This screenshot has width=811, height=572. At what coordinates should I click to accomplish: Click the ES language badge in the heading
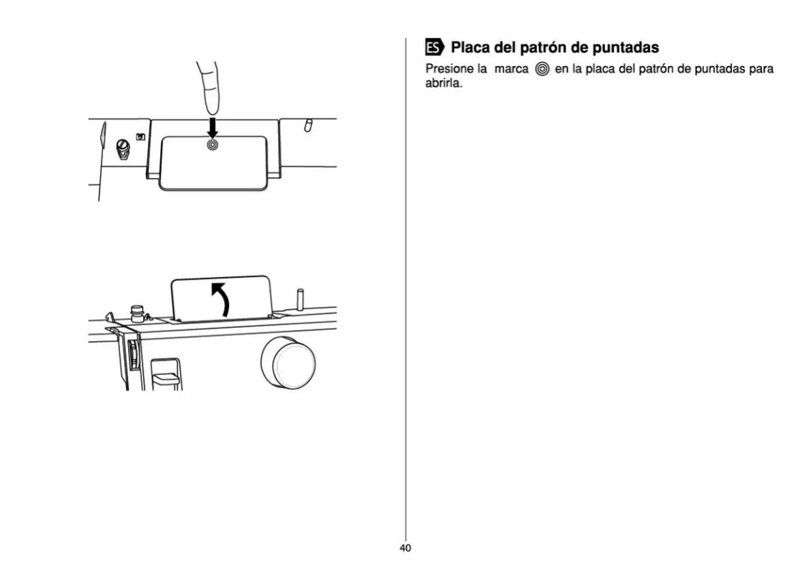(433, 48)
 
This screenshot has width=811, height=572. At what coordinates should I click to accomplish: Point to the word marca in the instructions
(511, 69)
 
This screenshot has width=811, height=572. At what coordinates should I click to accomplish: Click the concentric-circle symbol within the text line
(542, 70)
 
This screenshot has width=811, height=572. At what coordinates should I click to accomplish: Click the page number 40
(405, 548)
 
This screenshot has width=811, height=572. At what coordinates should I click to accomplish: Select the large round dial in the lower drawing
(288, 362)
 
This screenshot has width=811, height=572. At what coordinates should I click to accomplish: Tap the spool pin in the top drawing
(307, 125)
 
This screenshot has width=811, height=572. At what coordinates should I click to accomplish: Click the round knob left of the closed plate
(123, 149)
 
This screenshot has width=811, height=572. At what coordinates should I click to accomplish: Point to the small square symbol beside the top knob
(140, 136)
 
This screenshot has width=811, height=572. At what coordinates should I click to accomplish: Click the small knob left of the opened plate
(136, 313)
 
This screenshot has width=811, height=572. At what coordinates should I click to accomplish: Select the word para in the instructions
(761, 69)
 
